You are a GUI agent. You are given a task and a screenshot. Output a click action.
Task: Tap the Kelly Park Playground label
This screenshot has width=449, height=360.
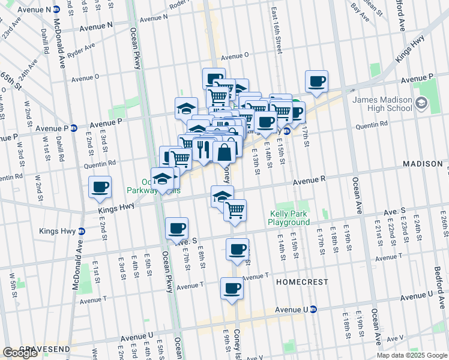(x=289, y=218)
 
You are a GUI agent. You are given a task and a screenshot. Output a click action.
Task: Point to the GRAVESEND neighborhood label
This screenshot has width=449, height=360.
(x=45, y=349)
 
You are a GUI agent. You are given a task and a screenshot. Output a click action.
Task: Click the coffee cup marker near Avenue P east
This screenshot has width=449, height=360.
(x=316, y=82)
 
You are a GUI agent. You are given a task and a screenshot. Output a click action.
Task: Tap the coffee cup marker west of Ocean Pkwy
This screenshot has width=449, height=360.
(x=100, y=187)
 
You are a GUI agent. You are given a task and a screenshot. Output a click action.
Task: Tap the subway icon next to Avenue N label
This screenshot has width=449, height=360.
(x=56, y=10)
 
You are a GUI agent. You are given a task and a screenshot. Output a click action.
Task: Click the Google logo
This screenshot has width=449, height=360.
(x=19, y=353)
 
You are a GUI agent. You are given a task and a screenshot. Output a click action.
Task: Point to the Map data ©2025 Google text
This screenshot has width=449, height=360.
(x=412, y=355)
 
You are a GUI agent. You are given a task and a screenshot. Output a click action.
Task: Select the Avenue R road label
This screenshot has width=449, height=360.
(x=309, y=179)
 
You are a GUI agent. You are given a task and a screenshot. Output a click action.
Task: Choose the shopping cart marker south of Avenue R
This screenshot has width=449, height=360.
(x=235, y=210)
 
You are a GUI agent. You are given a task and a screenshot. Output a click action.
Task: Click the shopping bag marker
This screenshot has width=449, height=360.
(x=224, y=152)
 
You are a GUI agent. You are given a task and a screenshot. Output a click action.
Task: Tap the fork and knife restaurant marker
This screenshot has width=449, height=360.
(x=204, y=149)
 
